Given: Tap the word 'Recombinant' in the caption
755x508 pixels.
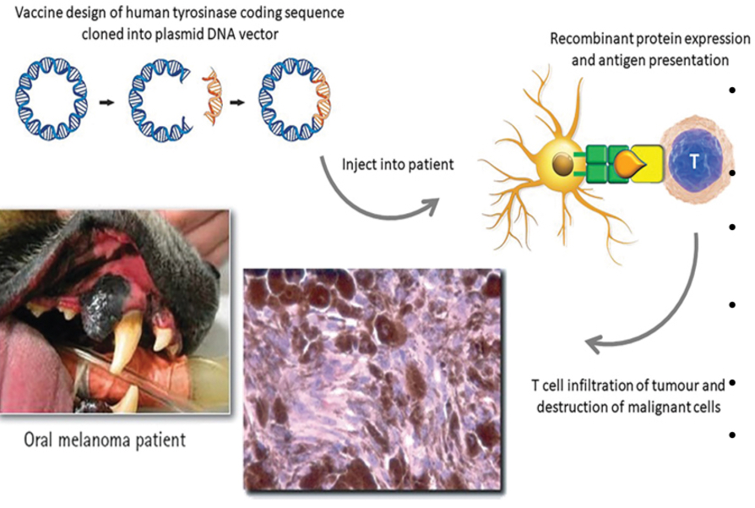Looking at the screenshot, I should pos(591,40).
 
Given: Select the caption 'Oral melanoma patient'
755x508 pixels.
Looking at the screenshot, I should pos(104,440).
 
